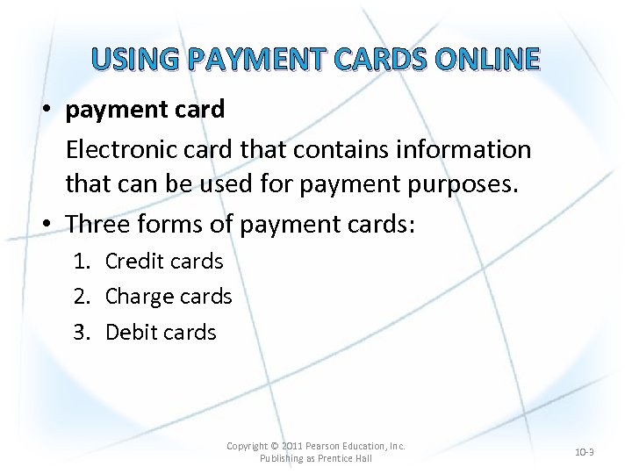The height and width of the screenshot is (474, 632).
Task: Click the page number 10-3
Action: click(x=584, y=452)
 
